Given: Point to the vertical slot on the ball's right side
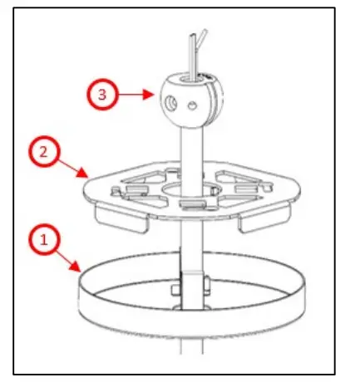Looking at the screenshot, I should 208,95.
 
